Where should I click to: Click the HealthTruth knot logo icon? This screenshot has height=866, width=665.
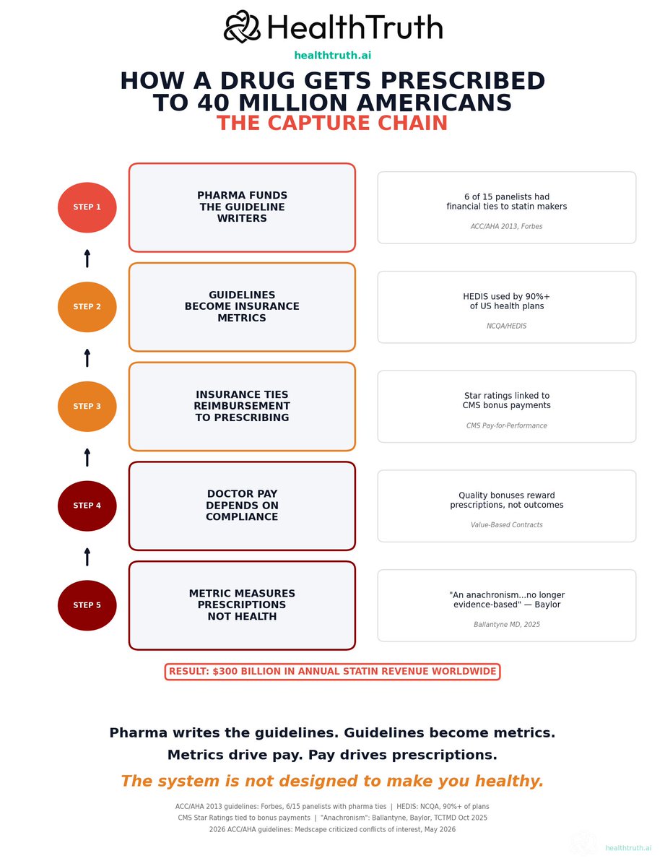242,27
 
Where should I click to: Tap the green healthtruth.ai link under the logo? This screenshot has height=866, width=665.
332,55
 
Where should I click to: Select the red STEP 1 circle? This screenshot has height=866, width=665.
87,207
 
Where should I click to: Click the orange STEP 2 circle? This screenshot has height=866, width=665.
87,306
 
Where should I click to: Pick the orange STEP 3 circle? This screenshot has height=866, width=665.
87,406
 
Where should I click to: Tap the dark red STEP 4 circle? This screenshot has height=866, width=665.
87,506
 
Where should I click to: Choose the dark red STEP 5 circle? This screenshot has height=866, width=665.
87,605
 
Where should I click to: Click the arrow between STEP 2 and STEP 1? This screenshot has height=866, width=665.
87,259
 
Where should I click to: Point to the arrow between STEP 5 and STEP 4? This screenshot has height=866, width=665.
87,557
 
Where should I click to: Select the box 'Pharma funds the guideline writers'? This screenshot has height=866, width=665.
242,207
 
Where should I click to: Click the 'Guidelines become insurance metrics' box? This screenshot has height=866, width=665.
242,306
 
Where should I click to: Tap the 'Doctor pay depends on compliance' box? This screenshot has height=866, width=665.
242,506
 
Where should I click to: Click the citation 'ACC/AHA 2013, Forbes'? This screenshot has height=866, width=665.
506,227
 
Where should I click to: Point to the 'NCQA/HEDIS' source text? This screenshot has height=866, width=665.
506,326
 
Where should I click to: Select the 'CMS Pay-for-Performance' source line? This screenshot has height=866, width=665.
506,425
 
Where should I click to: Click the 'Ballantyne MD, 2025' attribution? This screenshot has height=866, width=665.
506,624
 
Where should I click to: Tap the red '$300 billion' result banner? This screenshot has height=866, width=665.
332,672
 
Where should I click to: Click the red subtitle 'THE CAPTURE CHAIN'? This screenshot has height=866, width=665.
332,123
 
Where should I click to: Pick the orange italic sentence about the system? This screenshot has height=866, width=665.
332,781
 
